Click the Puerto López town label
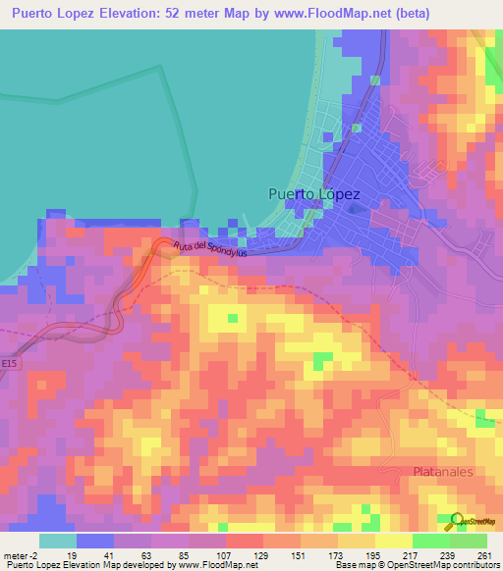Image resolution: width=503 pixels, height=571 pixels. click(314, 194)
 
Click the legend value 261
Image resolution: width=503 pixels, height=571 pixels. click(484, 555)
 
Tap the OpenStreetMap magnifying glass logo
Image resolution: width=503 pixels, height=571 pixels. click(456, 520)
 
